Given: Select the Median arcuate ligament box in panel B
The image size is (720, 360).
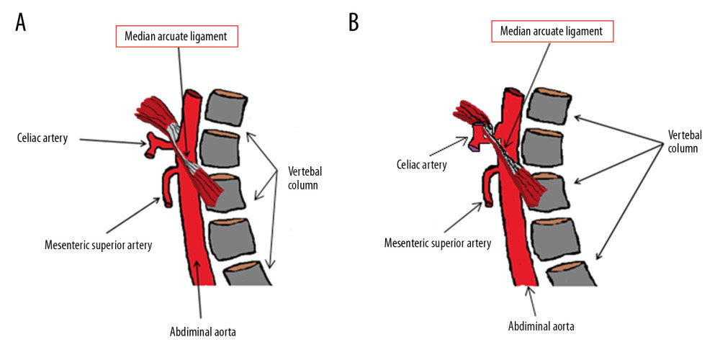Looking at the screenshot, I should (x=553, y=32).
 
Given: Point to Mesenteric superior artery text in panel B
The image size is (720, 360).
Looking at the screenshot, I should (x=438, y=243).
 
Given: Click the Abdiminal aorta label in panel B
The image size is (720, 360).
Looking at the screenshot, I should (x=541, y=325).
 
